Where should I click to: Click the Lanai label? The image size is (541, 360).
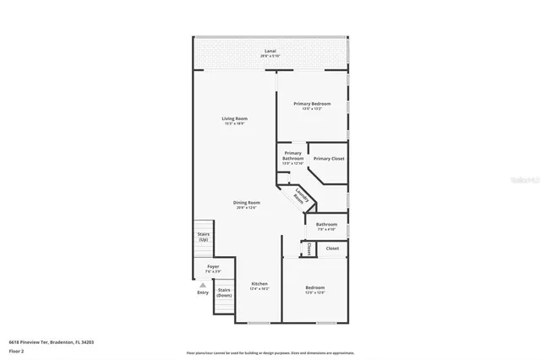(270, 52)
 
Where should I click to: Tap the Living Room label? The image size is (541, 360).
(233, 118)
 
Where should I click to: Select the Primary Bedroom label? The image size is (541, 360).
(312, 103)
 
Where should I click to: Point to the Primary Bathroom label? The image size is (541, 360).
(292, 155)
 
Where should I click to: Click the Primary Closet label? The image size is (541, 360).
(328, 158)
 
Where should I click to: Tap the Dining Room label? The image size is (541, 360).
(247, 203)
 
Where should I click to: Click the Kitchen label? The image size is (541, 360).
(259, 283)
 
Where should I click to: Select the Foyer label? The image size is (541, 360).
(213, 266)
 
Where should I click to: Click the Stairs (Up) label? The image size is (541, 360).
(203, 237)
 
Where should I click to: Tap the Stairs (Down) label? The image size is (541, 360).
(224, 293)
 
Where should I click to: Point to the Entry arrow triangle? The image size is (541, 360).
(203, 285)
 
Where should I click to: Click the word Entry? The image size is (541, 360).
(203, 292)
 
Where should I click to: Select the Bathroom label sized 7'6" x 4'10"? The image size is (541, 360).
(326, 224)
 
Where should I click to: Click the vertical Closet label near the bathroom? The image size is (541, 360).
(309, 249)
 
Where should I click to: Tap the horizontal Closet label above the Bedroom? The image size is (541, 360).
(332, 248)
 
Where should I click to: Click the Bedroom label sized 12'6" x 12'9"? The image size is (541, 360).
(314, 287)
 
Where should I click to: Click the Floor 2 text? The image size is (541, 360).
(16, 350)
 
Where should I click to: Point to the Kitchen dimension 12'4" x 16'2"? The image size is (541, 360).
(259, 289)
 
